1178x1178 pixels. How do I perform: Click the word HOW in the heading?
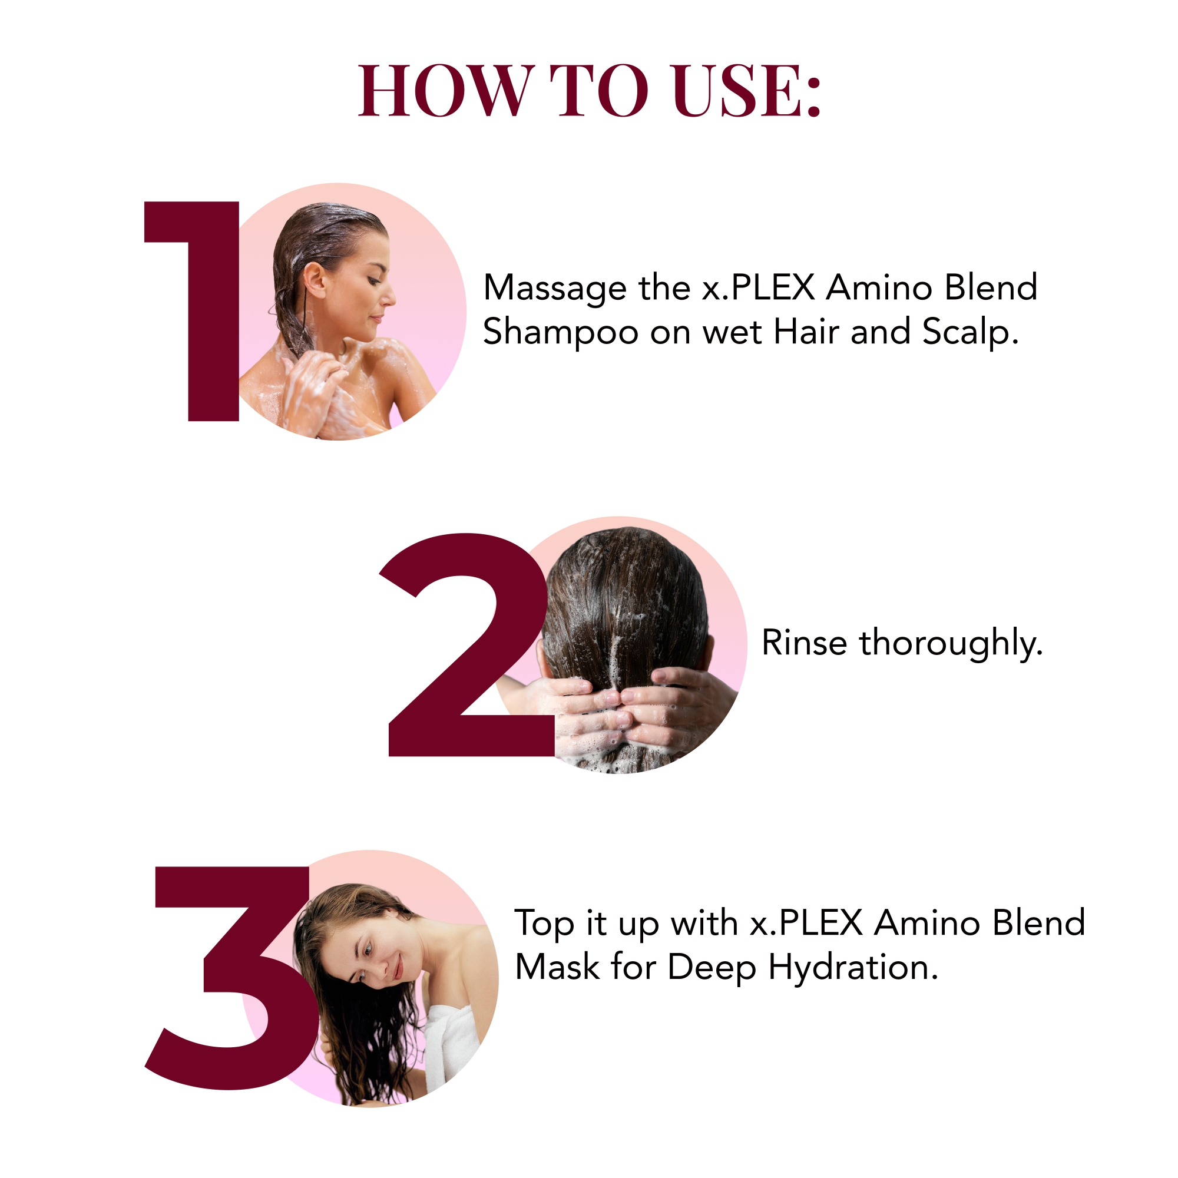point(446,90)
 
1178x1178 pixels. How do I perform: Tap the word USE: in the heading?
point(747,90)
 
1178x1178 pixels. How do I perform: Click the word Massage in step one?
point(555,288)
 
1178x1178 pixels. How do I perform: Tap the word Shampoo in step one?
point(561,333)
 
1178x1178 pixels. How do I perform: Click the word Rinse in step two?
point(804,643)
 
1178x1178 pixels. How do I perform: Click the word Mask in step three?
point(557,968)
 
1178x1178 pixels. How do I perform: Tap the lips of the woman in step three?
point(398,967)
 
